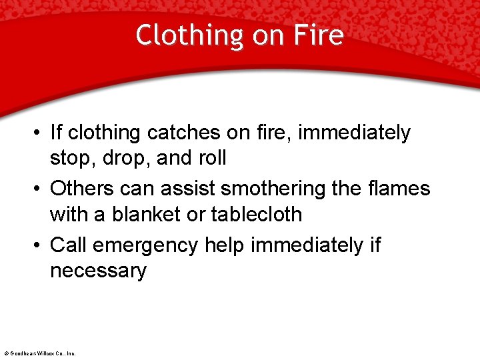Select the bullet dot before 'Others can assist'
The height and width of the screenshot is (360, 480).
pos(39,189)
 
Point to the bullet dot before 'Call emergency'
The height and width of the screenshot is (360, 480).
pos(39,245)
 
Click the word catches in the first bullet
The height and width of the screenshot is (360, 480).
pos(185,133)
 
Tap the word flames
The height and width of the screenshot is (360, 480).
pos(397,189)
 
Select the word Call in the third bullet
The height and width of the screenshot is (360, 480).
pos(69,245)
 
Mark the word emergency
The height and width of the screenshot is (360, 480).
pos(146,245)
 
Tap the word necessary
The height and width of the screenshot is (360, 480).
pos(98,271)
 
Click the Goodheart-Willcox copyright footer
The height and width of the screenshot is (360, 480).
pos(40,353)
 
